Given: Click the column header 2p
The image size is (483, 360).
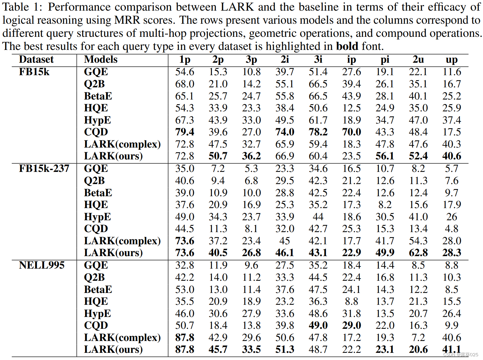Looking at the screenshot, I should [218, 60].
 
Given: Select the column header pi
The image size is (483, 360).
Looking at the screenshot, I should [385, 60].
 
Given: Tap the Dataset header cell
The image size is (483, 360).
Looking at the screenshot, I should [36, 59].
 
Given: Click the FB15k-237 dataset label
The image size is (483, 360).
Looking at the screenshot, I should [44, 168].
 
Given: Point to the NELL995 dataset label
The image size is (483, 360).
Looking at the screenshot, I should [41, 265].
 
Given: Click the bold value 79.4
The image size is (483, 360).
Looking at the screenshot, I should [184, 132].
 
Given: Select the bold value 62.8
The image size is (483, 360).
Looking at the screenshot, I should [418, 253].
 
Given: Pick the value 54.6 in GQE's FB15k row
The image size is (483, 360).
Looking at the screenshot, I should [184, 72].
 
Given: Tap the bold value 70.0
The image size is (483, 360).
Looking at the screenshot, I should [351, 132].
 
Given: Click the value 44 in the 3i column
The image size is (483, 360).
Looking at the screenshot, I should [318, 217].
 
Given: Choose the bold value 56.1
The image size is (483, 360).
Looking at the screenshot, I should [385, 156].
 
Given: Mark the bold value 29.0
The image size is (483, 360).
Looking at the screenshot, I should [351, 325].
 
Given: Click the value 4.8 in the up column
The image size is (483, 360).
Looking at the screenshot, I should [451, 229].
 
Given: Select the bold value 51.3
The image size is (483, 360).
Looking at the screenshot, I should [285, 349].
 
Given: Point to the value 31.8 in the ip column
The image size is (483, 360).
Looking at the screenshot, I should [351, 314].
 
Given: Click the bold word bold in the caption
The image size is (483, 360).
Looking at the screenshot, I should [347, 46].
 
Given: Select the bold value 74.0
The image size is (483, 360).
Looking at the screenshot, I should [285, 132].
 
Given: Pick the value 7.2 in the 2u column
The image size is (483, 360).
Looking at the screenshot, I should [418, 338].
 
